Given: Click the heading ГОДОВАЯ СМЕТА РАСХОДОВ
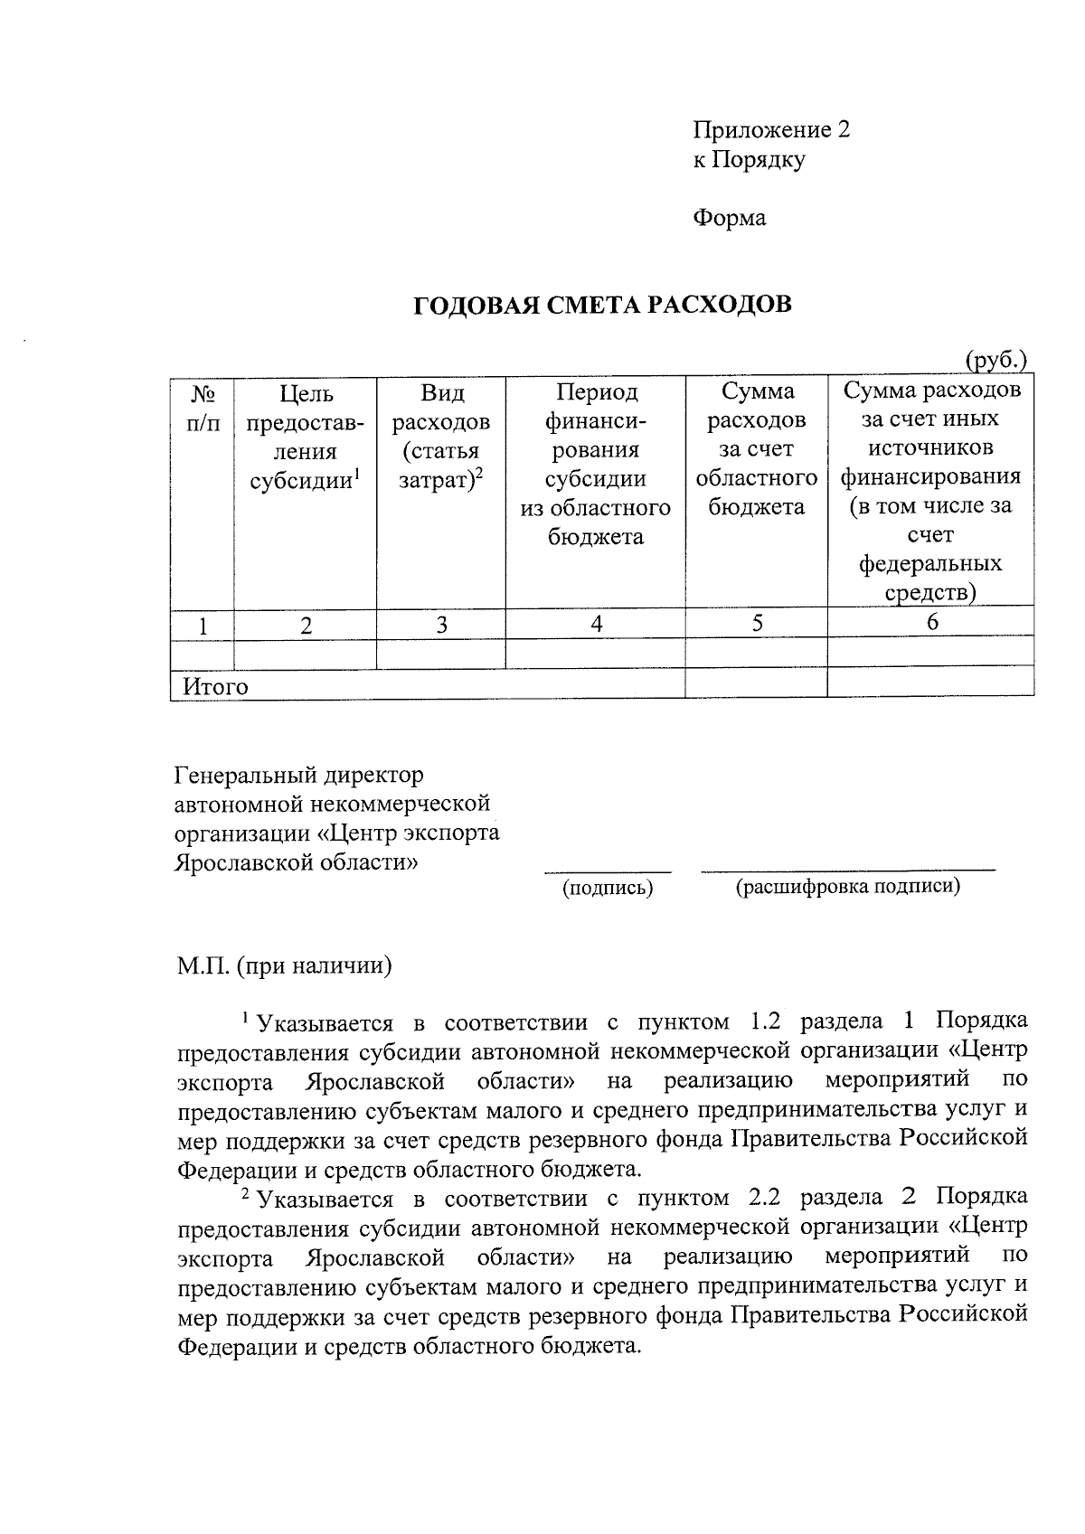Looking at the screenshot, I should pyautogui.click(x=602, y=306).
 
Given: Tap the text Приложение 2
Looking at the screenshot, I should pyautogui.click(x=770, y=130).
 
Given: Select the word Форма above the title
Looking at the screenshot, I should pyautogui.click(x=729, y=218).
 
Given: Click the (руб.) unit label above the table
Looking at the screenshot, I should pyautogui.click(x=996, y=361).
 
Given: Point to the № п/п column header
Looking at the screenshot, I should pyautogui.click(x=203, y=409).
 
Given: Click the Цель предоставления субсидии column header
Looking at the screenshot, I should pyautogui.click(x=306, y=437).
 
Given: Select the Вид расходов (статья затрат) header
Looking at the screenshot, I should pyautogui.click(x=441, y=437).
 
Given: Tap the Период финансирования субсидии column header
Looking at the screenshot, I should pyautogui.click(x=595, y=464).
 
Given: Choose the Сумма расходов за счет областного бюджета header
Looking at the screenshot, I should pyautogui.click(x=756, y=449).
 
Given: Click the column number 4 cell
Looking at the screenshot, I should pyautogui.click(x=596, y=624).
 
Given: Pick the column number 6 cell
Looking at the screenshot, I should pyautogui.click(x=931, y=622).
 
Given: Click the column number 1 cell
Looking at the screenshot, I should pyautogui.click(x=203, y=626).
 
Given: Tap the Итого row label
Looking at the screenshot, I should pyautogui.click(x=215, y=687).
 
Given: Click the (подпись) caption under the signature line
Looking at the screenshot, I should pyautogui.click(x=608, y=889).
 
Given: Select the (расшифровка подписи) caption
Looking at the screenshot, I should pyautogui.click(x=847, y=887).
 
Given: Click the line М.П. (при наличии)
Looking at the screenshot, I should pyautogui.click(x=284, y=965).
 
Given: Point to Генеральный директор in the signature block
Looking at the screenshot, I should pyautogui.click(x=298, y=776).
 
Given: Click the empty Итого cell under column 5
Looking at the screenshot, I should pyautogui.click(x=756, y=682).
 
